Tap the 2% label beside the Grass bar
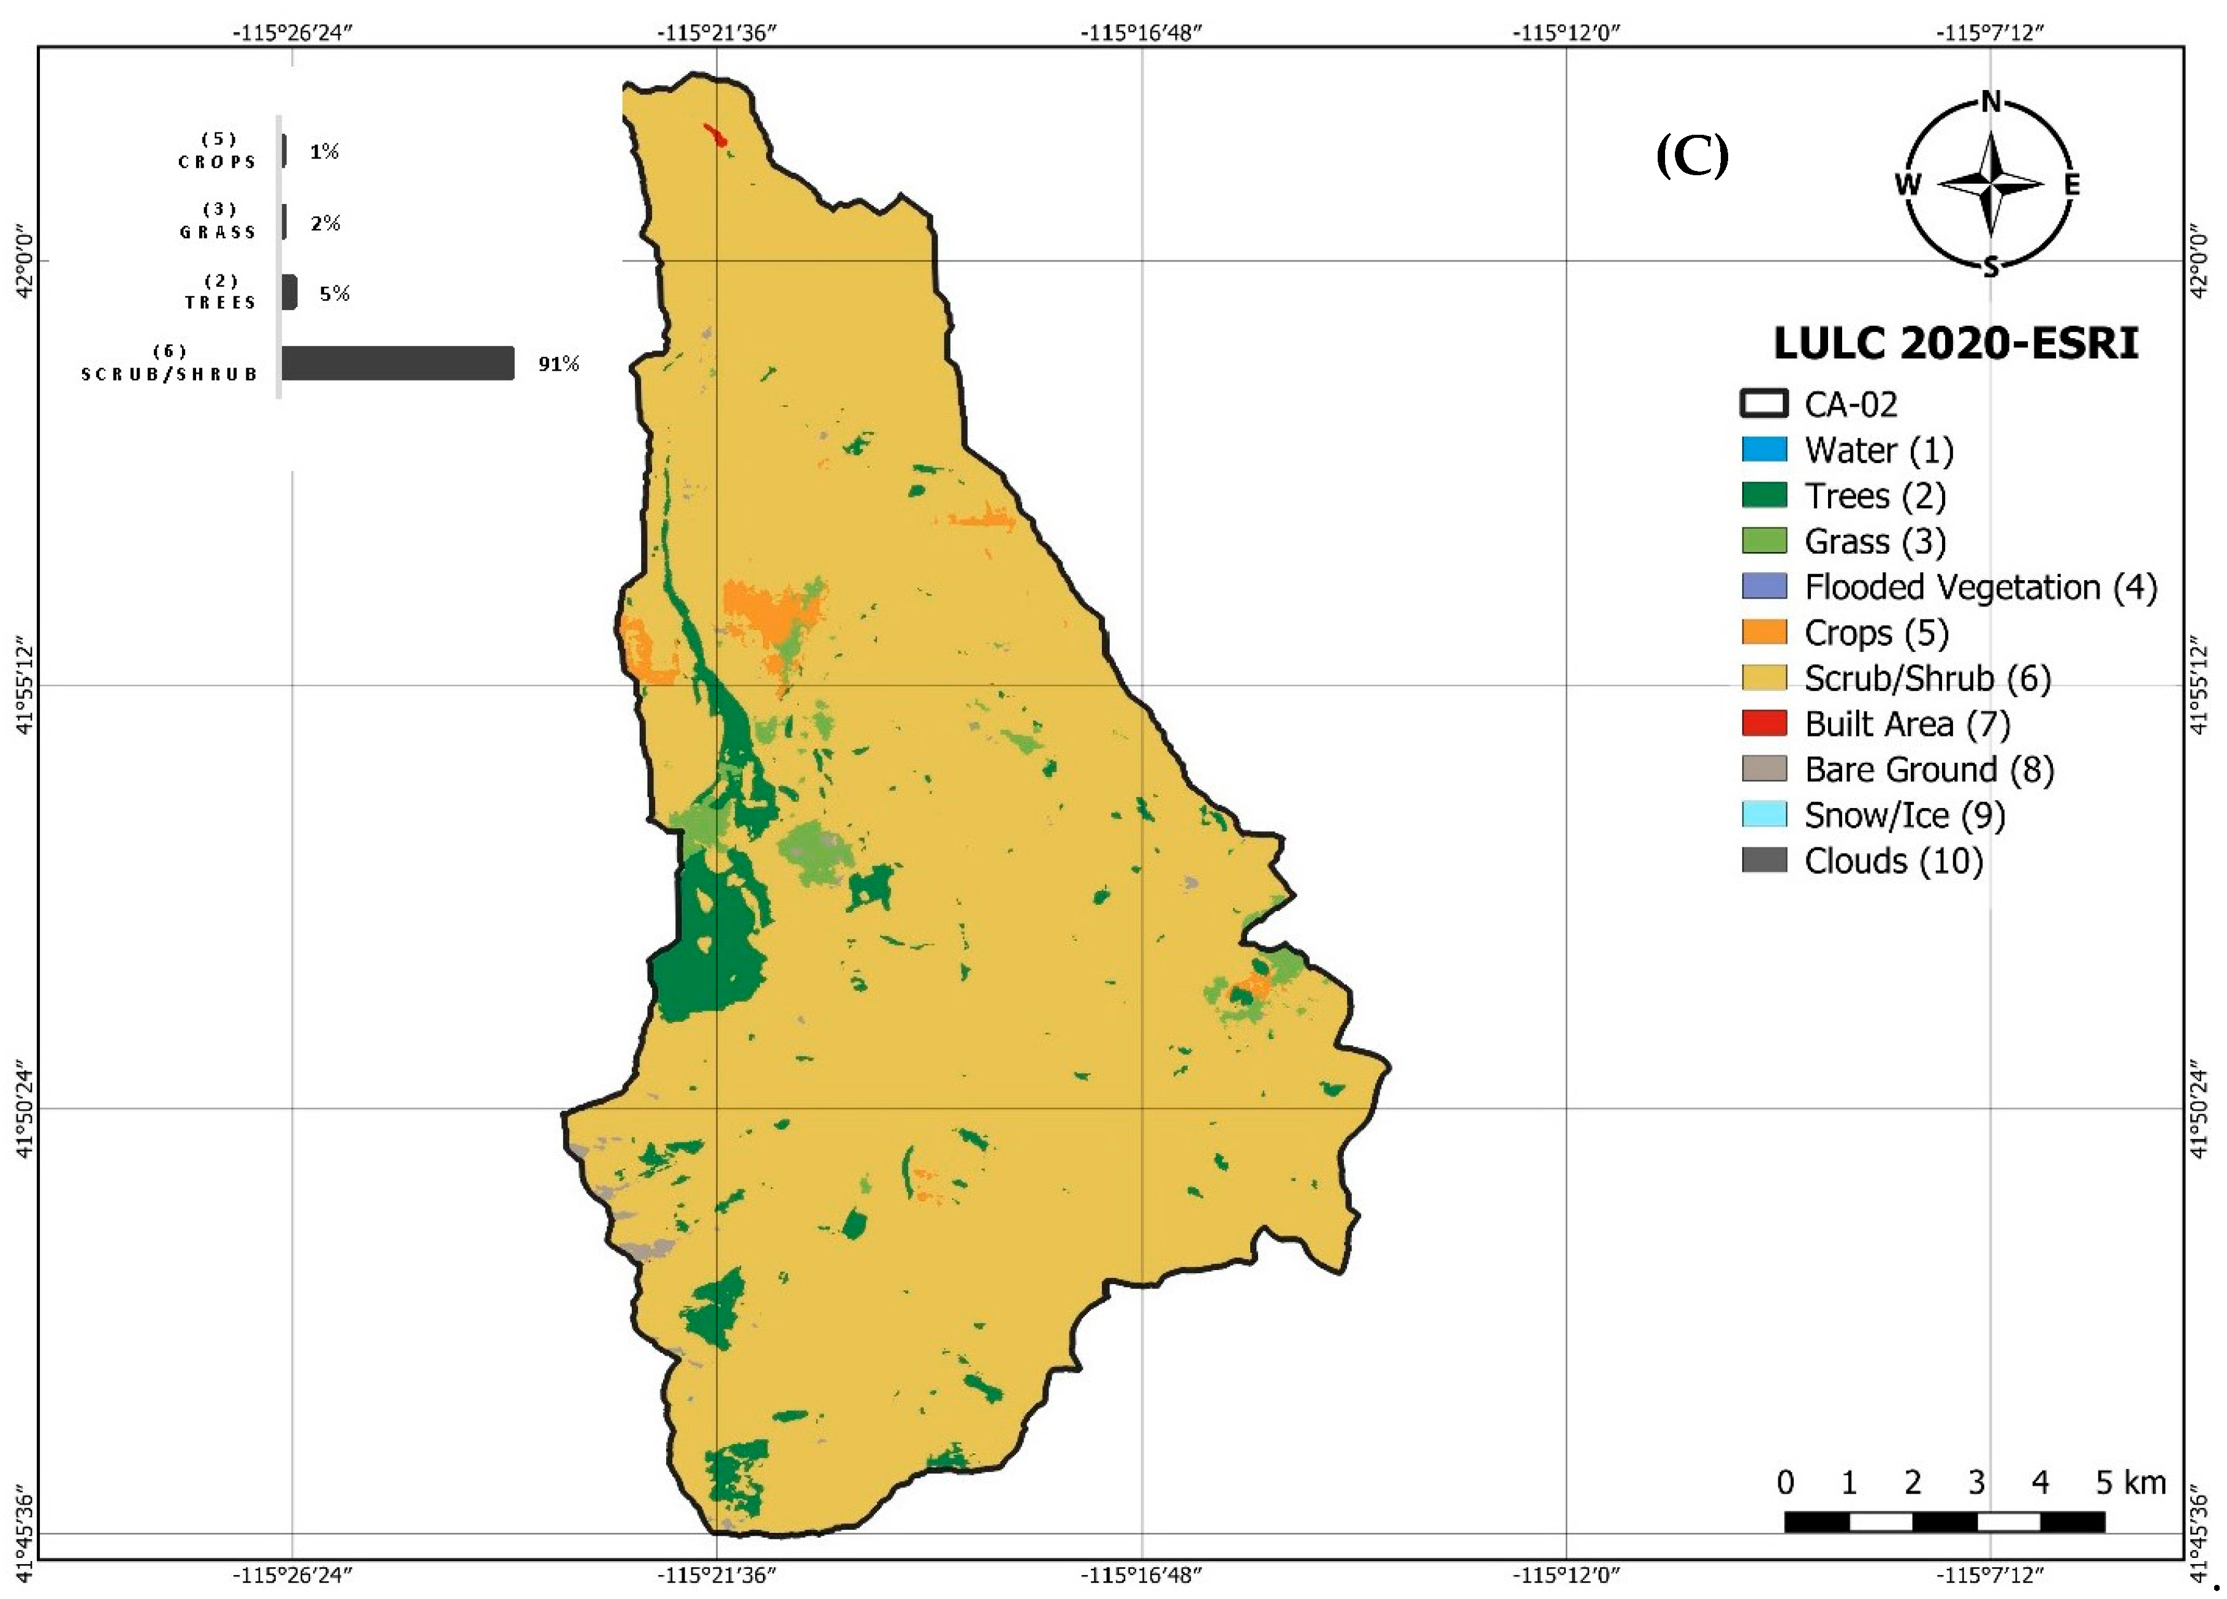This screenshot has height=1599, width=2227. pos(325,223)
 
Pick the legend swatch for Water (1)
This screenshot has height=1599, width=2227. pos(1764,450)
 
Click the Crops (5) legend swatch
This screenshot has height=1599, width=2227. pos(1764,632)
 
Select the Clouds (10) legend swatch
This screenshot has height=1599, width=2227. pos(1764,860)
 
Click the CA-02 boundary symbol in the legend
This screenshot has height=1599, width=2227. pos(1764,404)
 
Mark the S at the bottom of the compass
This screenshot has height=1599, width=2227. pos(1990,267)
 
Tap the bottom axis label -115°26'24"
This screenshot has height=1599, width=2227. pos(292,1574)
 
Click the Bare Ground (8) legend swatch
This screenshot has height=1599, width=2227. pos(1764,769)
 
